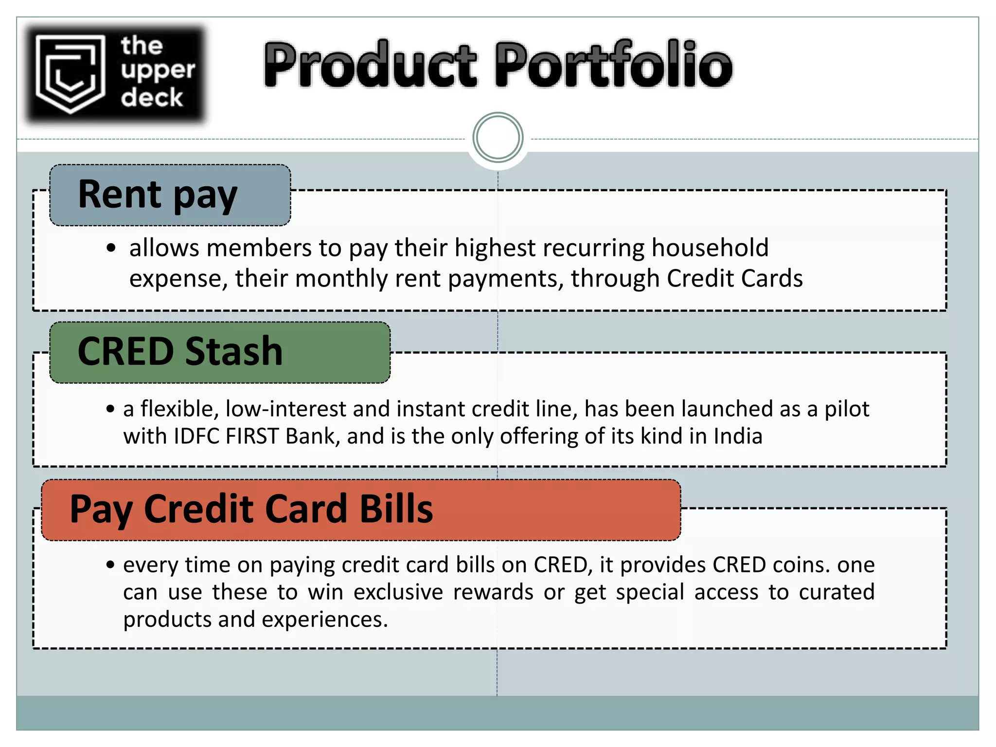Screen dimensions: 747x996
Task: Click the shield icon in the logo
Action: pos(71,73)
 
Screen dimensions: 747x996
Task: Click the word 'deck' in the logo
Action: pos(152,98)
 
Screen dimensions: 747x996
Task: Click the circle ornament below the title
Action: pos(498,138)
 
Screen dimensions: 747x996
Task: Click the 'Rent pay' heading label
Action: pos(158,195)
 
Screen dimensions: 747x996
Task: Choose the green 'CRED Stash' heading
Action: pos(180,352)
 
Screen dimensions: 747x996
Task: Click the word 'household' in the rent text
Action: pos(710,248)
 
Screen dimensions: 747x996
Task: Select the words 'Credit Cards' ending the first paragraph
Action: pos(734,279)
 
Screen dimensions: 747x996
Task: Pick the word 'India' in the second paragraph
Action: pos(738,436)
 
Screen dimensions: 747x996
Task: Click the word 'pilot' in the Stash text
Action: pos(846,409)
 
